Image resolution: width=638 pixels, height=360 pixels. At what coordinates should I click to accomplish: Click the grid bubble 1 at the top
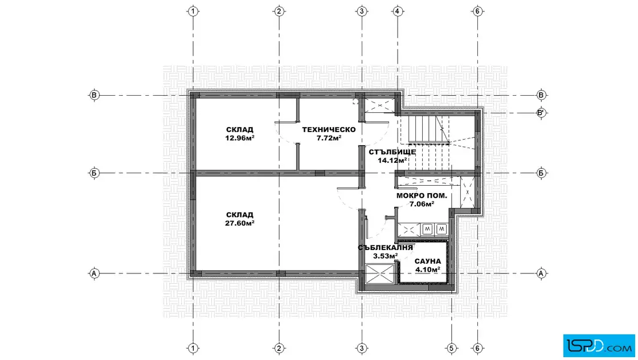pos(193,11)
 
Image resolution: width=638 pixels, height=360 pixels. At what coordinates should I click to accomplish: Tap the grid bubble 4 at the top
pos(398,11)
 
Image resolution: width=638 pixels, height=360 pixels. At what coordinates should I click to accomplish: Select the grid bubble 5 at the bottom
pos(451,348)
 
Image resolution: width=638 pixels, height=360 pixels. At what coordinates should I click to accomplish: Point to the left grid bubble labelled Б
pos(94,173)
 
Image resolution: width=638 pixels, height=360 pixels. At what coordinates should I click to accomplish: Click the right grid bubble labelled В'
pos(541,113)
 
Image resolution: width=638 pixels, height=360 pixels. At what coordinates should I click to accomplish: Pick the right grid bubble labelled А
pos(541,273)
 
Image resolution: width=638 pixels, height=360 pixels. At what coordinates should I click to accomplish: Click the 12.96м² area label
pos(240,138)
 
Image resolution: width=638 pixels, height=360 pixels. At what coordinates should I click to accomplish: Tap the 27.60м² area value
pos(240,223)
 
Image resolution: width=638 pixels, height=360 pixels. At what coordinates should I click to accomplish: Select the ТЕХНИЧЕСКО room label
pos(329,130)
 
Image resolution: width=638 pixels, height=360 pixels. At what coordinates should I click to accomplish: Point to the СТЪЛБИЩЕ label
pos(392,152)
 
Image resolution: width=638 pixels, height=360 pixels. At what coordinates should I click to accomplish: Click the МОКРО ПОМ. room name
pos(422,195)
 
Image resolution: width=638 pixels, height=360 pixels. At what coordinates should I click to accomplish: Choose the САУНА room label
pos(428,261)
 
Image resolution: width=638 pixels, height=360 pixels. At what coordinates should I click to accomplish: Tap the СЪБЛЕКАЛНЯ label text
pos(385,248)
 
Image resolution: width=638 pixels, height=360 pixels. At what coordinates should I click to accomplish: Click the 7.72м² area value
pos(329,138)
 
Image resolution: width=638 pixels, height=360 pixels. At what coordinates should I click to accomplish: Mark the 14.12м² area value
pos(392,160)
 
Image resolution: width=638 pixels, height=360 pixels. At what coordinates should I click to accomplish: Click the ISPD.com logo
pos(599,345)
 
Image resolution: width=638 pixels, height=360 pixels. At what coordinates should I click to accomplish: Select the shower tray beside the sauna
pos(380,274)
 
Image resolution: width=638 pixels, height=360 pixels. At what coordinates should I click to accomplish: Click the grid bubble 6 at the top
pos(477,11)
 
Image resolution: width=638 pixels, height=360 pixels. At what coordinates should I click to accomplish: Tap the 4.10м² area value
pos(428,269)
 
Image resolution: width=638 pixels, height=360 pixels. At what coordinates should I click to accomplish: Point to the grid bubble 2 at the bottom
pos(279,348)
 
